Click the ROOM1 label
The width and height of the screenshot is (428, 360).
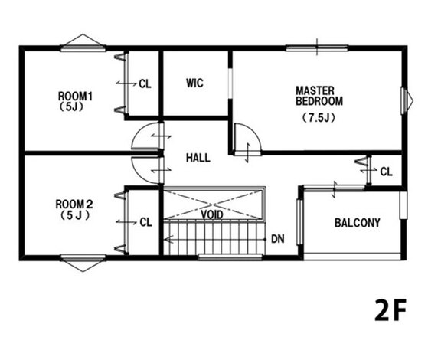tap(75, 97)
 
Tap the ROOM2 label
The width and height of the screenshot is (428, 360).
tap(74, 204)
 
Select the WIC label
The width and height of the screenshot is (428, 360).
tap(194, 83)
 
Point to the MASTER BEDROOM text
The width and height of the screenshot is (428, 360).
tap(319, 96)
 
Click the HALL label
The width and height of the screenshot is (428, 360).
tap(198, 158)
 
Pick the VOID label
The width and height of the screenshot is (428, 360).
tap(212, 214)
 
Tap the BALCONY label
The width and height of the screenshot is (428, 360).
tap(358, 223)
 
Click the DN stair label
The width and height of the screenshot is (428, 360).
tap(278, 239)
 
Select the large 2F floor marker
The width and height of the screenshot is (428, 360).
tap(390, 310)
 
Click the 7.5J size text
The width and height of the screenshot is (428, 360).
tap(319, 118)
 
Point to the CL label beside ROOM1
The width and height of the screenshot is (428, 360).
tap(145, 83)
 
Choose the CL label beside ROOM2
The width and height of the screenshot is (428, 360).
tap(145, 222)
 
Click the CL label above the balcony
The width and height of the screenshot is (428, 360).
tap(386, 172)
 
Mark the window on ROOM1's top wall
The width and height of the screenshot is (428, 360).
tap(83, 48)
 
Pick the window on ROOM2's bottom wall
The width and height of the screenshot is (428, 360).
tap(83, 257)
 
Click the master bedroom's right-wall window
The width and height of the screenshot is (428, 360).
tap(403, 101)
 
